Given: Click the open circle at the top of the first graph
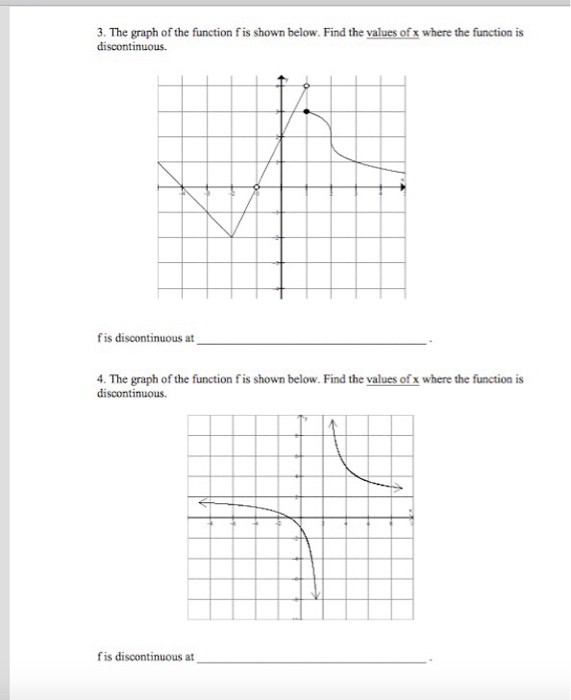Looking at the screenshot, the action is pos(306,87).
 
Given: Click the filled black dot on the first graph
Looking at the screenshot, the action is pos(306,112).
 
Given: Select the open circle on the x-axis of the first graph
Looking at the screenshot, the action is pos(256,187).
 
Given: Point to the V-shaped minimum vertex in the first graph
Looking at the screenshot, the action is pos(232,237).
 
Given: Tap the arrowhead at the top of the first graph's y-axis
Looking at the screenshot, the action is pos(281,78).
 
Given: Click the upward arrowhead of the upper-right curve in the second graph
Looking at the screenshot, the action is pos(331,421).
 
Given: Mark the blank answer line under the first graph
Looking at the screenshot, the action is pos(312,343).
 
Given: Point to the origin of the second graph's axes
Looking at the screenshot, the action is pos(299,518).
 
